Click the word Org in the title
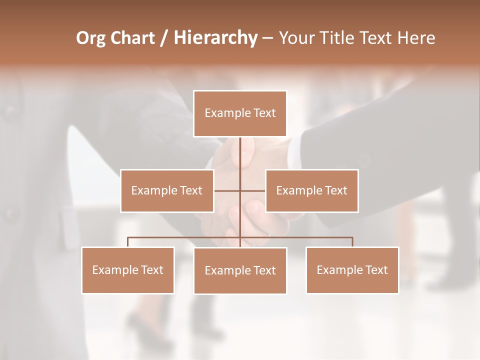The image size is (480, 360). [91, 38]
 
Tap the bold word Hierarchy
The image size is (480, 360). [215, 38]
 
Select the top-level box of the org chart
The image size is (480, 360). [240, 113]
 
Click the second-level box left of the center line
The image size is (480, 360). [167, 190]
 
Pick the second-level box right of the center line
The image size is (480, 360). [311, 190]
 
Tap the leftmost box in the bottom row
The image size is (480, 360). [128, 270]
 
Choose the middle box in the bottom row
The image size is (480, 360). [240, 270]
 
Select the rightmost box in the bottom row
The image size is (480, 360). [352, 270]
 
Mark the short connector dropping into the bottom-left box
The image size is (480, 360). [128, 242]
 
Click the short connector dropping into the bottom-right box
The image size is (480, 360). [352, 242]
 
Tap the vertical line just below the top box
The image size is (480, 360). [240, 150]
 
